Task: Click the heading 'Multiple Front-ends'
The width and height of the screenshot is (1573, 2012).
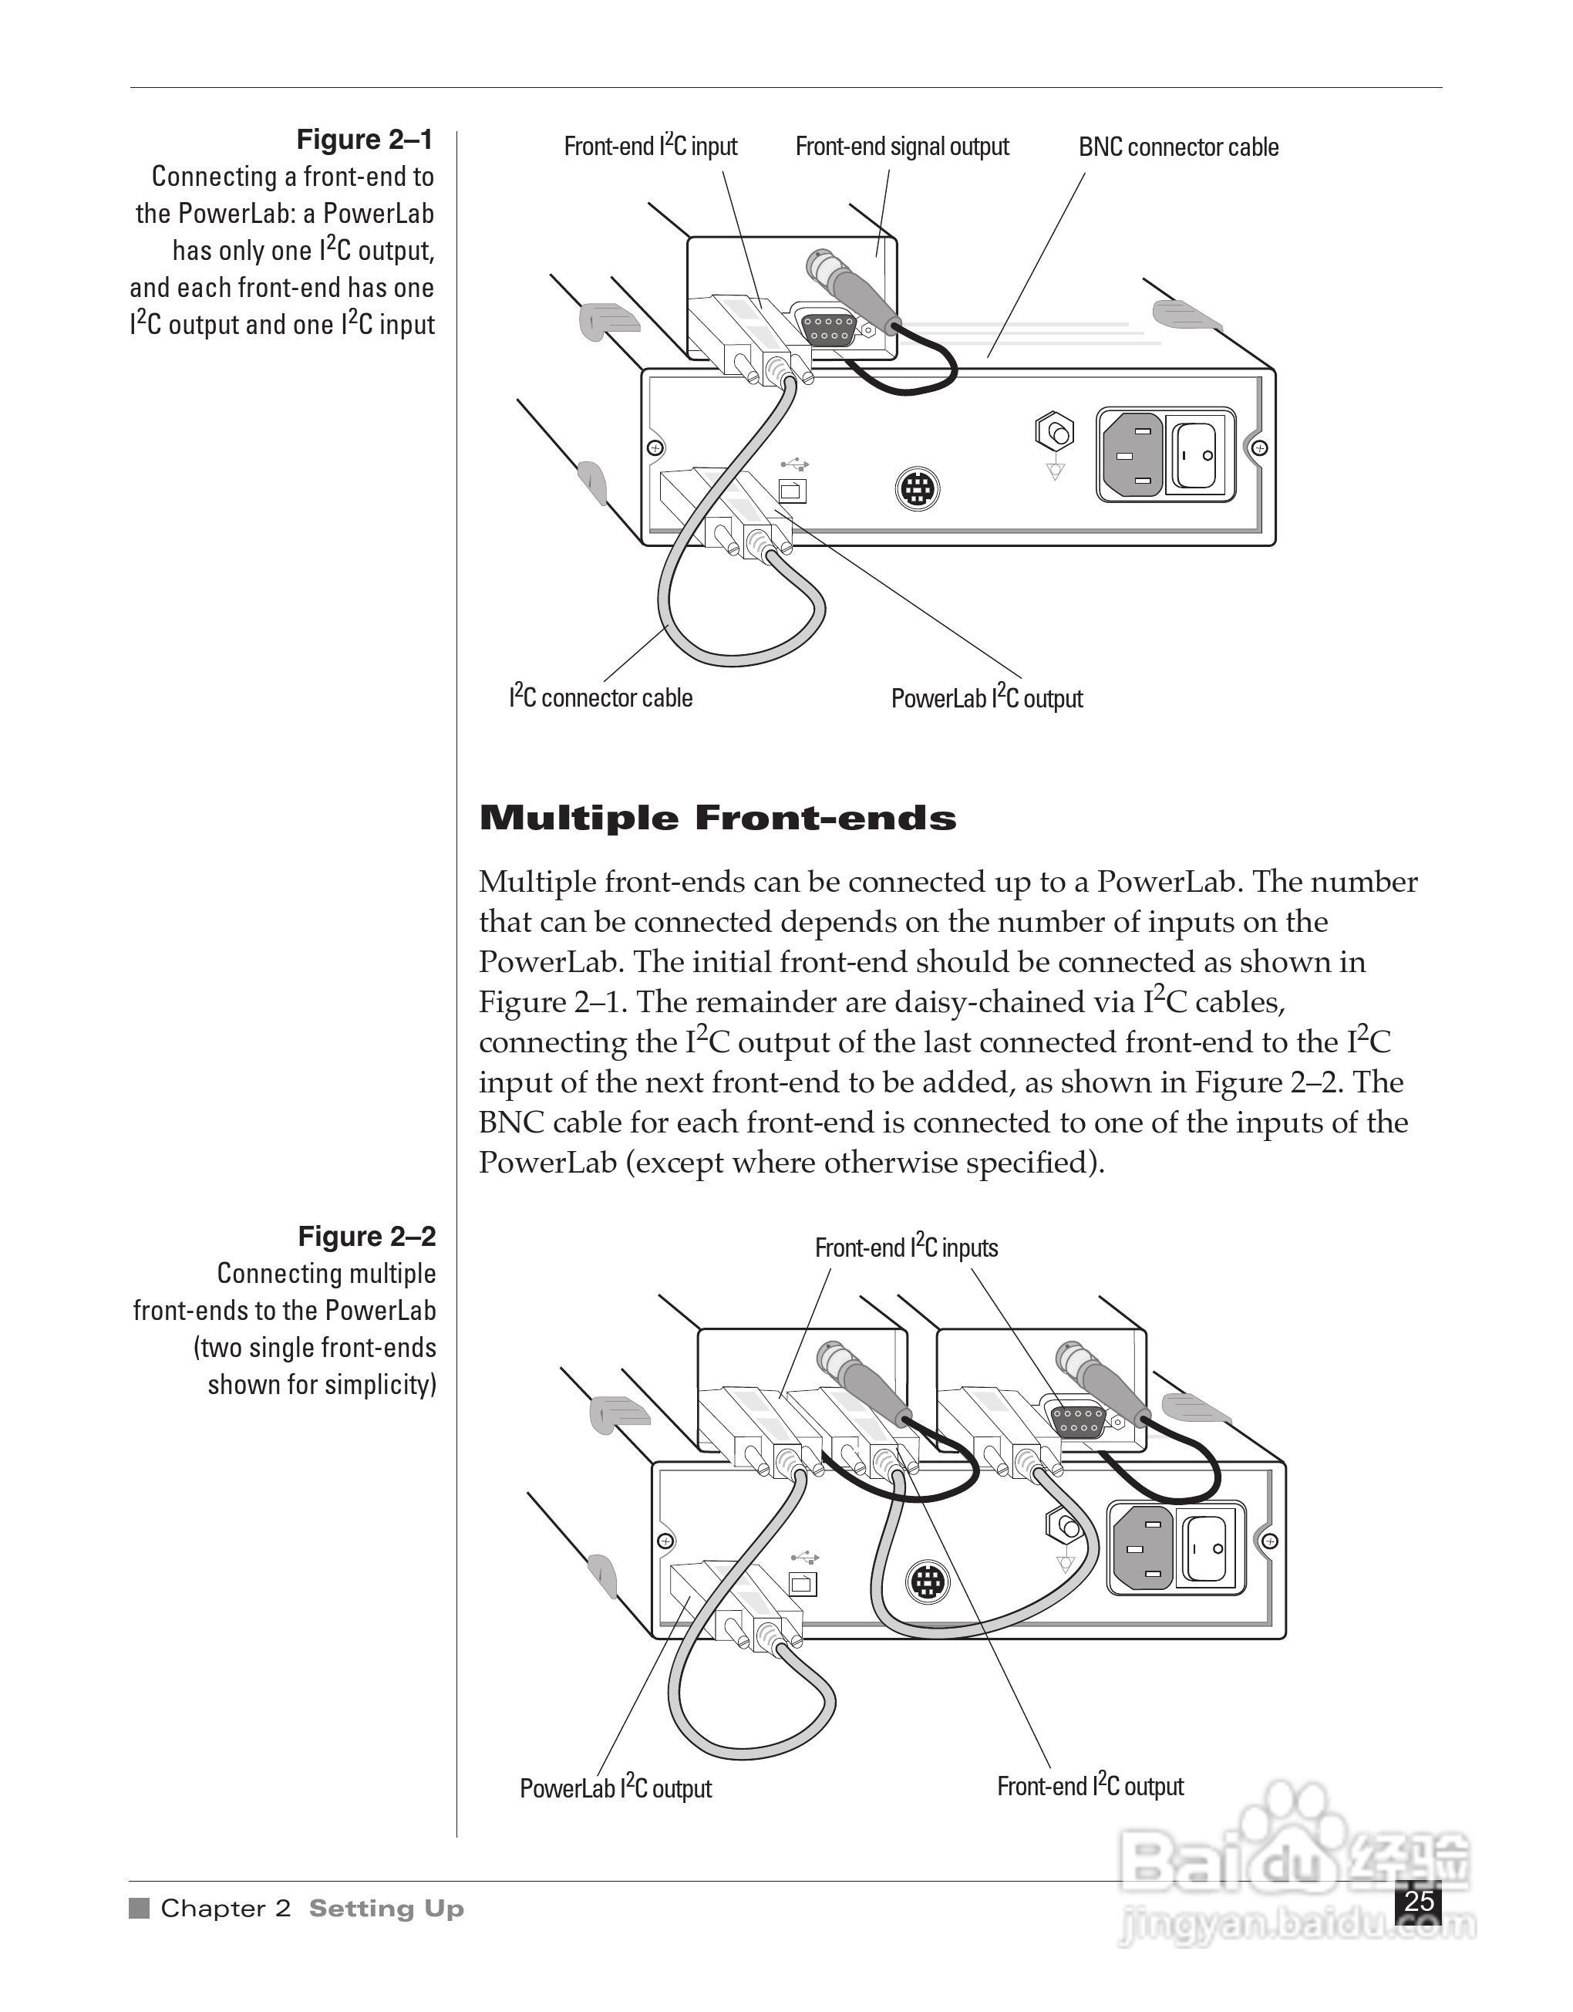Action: tap(717, 818)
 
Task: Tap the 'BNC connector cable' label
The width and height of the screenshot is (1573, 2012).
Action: tap(1178, 147)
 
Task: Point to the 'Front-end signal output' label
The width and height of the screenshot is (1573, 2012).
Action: tap(901, 147)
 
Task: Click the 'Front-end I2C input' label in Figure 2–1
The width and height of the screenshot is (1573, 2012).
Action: tap(650, 147)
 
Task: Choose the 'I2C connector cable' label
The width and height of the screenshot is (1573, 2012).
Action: tap(601, 697)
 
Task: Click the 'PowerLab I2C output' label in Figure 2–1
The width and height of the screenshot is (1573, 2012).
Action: tap(986, 698)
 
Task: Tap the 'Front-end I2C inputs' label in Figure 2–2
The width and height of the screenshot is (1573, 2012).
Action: tap(906, 1247)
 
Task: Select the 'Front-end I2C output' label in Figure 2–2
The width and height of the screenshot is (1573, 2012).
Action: tap(1090, 1786)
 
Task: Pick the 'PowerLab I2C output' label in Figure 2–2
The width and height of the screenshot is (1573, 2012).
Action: tap(615, 1788)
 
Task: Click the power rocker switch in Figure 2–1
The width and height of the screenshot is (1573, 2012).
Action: tap(1199, 454)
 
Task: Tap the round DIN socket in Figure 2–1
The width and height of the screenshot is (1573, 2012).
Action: tap(918, 488)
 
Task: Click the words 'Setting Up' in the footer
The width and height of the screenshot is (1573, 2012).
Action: tap(386, 1909)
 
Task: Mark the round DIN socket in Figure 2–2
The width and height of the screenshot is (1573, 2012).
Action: tap(928, 1582)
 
